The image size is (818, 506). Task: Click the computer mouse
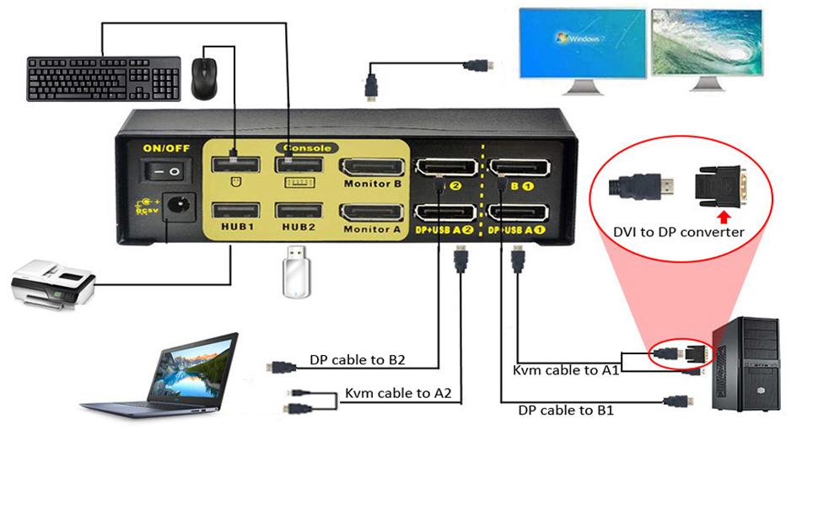205,78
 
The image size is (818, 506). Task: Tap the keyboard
104,79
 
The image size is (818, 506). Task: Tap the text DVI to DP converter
680,232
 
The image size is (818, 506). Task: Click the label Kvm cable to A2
398,393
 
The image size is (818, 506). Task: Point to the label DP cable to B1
565,411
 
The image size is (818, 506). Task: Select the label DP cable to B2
358,360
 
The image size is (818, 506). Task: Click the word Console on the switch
307,148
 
